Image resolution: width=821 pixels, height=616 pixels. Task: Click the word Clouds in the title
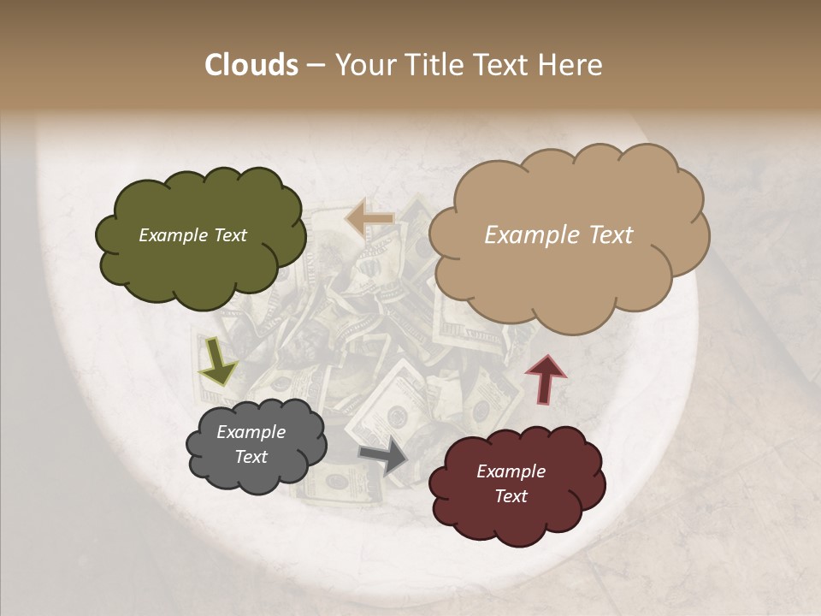click(x=251, y=65)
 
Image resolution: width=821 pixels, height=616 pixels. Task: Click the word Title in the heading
click(x=431, y=65)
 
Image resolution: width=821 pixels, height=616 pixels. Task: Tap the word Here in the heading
click(x=570, y=65)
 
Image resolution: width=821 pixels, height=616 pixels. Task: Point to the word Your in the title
click(x=366, y=65)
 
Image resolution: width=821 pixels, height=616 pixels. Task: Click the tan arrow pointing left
click(x=369, y=219)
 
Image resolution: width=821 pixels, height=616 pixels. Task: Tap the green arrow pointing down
click(x=218, y=361)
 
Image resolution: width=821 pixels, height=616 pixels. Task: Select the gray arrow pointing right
click(x=384, y=456)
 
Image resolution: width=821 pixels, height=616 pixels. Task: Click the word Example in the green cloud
click(x=174, y=235)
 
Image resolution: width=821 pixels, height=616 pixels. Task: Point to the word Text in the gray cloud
click(x=251, y=457)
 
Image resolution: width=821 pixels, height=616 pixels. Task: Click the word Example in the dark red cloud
click(x=511, y=471)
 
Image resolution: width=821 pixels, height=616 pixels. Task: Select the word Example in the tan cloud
click(x=525, y=235)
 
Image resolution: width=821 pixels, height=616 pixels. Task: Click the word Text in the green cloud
click(x=230, y=235)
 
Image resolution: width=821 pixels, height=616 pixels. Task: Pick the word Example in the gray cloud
click(x=251, y=432)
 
